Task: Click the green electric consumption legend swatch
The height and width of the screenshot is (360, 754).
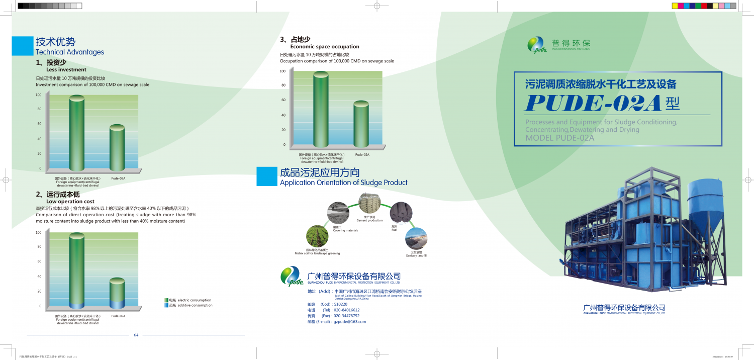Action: coord(166,300)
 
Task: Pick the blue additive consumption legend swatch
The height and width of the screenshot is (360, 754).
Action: coord(166,305)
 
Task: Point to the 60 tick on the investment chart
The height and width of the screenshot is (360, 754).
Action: coord(39,124)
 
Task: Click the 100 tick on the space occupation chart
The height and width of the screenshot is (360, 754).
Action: coord(282,71)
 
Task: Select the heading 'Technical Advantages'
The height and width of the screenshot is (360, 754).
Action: coord(70,52)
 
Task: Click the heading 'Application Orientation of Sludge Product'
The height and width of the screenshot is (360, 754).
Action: coord(343,183)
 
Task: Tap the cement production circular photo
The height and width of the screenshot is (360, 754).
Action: coord(369,204)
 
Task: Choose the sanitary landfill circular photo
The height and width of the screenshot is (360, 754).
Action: coord(416,238)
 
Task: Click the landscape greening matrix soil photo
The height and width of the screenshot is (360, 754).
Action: coord(317,236)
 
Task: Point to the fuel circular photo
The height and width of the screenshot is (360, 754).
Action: coord(401,213)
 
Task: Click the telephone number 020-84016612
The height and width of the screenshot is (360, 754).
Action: coord(347,310)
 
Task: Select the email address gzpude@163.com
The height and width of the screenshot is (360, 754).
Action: coord(350,321)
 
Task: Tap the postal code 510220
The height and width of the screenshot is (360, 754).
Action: coord(340,304)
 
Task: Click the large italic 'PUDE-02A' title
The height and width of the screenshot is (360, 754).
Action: coord(593,103)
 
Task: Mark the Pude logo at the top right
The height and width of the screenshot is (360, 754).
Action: coord(536,45)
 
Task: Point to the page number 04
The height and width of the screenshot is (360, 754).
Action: coord(136,335)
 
